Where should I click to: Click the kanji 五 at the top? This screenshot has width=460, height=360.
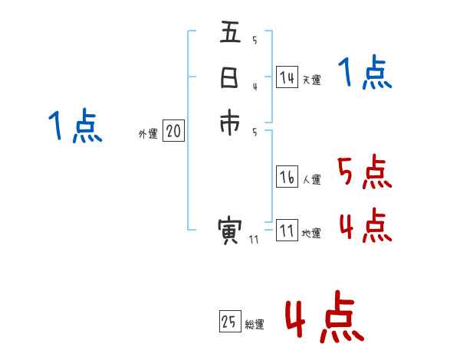coord(230,34)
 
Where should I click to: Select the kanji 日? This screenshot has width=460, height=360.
coord(230,79)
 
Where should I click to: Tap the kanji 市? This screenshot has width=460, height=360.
coord(230,124)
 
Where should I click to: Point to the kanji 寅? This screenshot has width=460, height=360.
coord(230,231)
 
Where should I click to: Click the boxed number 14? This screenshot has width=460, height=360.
coord(287,77)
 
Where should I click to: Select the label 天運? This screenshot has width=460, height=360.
coord(311,80)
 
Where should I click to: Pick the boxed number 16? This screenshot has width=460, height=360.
coord(287,178)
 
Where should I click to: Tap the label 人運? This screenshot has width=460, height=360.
coord(311,180)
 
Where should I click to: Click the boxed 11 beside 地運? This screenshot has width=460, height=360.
coord(287,231)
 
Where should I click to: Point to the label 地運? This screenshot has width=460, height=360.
coord(311,234)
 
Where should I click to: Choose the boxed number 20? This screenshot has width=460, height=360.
coord(173,132)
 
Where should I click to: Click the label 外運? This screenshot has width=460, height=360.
coord(148,134)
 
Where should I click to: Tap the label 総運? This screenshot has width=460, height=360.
coord(255,325)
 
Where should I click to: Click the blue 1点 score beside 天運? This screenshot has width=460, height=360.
coord(365,74)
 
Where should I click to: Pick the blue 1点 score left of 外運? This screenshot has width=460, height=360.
coord(75,126)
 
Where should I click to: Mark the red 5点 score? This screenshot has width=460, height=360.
coord(365,172)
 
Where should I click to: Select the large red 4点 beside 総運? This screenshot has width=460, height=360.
coord(324,318)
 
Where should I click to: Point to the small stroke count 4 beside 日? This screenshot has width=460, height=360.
coord(255,86)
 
